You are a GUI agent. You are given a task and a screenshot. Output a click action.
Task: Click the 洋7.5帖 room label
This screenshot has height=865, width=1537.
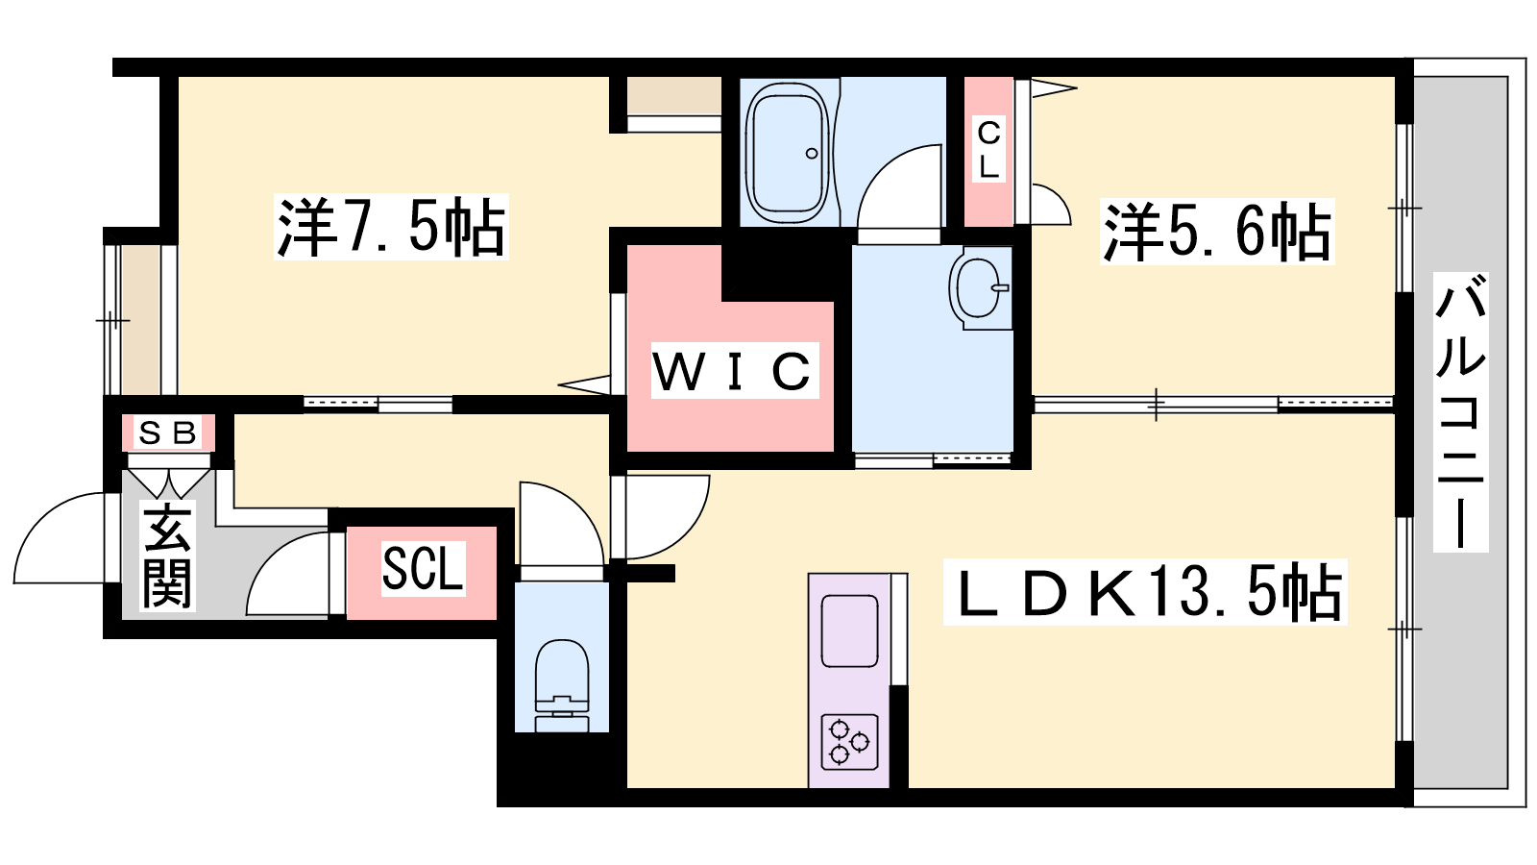point(391,227)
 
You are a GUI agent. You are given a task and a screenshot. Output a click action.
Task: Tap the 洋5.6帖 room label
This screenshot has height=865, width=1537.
point(1216,232)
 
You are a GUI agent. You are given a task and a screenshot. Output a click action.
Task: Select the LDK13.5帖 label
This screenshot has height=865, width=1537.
point(1145,592)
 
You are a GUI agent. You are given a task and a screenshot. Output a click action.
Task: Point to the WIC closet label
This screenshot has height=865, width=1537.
point(735,371)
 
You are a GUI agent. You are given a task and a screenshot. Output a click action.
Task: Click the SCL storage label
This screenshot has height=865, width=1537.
point(423,568)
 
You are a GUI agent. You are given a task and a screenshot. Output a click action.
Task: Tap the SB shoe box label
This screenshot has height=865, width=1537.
point(168,433)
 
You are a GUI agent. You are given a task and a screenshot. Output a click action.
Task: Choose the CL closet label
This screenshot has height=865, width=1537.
point(988,149)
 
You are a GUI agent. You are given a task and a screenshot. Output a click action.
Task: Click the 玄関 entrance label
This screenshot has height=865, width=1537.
point(167,556)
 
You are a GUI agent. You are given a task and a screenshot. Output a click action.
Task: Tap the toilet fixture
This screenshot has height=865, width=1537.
point(562,685)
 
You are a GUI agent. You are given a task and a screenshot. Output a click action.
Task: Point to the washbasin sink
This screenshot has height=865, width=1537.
point(980,288)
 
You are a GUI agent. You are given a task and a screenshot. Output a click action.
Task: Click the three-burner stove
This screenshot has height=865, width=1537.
point(850,742)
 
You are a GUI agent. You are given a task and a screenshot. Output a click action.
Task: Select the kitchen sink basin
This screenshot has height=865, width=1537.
point(850,631)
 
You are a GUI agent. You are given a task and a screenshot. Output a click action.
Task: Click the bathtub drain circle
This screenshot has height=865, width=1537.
point(812,154)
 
